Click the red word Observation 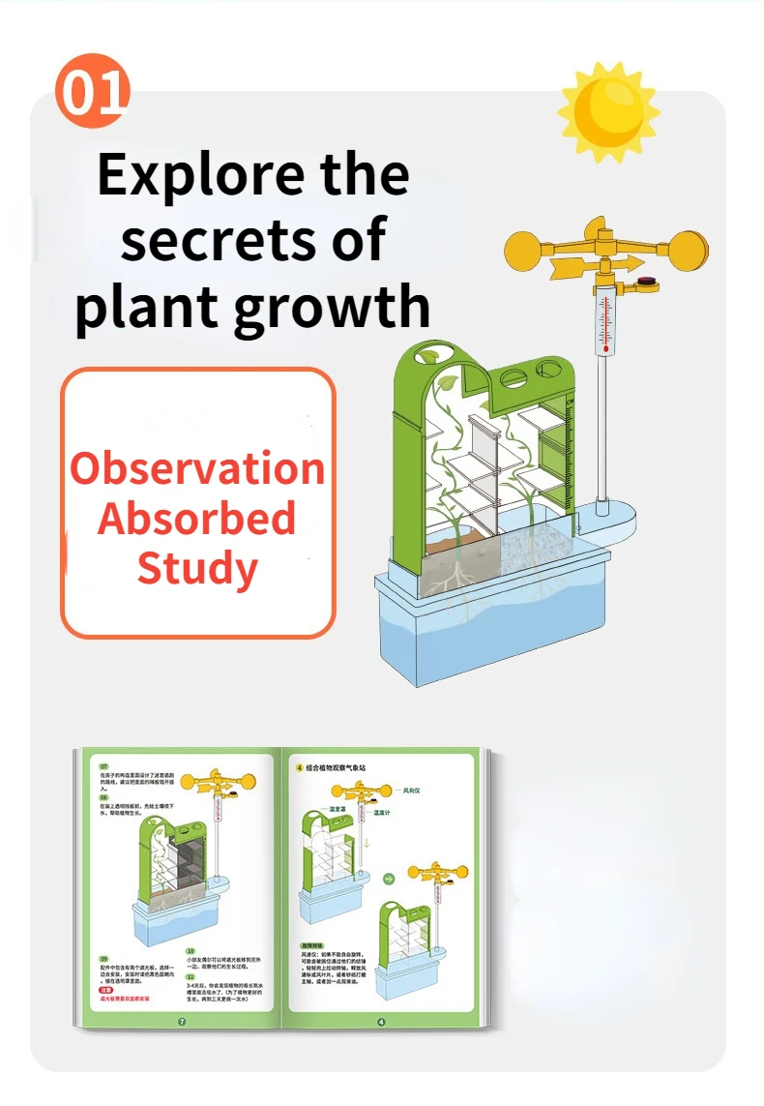tap(197, 468)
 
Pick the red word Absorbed tap(196, 519)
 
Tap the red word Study tap(196, 568)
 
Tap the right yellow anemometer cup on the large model tap(688, 248)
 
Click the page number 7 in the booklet tap(181, 1021)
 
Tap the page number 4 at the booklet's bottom tap(380, 1021)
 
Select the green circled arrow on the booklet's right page tap(389, 879)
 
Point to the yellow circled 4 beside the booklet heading tap(300, 767)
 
